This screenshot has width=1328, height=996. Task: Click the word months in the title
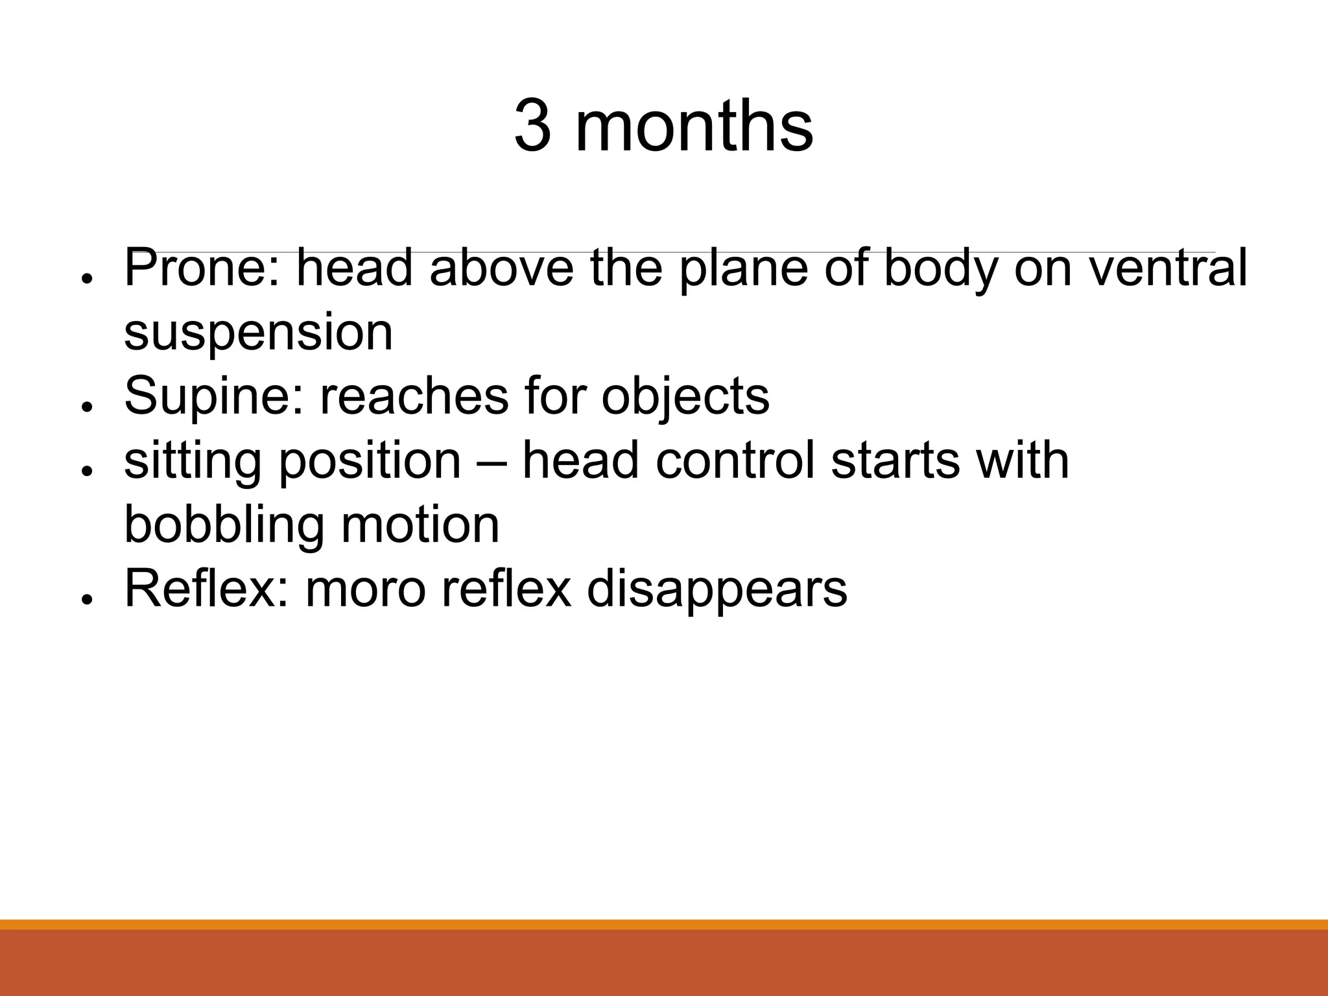[x=694, y=126]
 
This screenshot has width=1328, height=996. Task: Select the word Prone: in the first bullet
[x=203, y=268]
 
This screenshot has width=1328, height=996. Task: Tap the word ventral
[x=1168, y=268]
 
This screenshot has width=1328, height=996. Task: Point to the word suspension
[x=258, y=333]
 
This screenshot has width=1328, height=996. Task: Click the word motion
[x=420, y=525]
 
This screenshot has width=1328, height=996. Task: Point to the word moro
[x=365, y=590]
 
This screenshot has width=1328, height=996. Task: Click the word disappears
[x=717, y=590]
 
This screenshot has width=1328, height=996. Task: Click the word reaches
[x=414, y=396]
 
